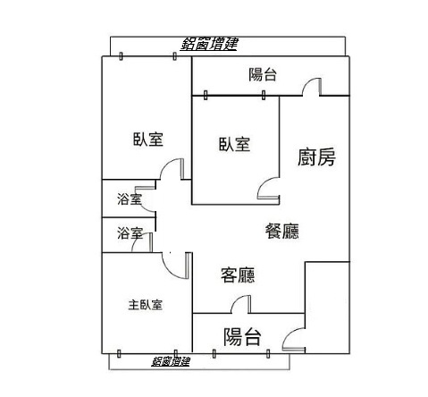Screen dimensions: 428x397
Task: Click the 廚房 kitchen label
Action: coord(316,156)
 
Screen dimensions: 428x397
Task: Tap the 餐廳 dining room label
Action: coord(281,231)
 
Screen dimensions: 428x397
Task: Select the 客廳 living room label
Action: coord(238,275)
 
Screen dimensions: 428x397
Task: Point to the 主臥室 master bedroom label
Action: coord(146,305)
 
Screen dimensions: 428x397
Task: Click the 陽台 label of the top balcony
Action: coord(263,74)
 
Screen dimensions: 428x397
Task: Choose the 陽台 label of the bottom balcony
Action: coord(242,337)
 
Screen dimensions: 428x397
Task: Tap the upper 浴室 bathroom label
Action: coord(130,198)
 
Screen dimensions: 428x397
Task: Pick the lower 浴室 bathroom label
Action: coord(130,233)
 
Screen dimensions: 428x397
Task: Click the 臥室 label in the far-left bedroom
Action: coord(148,139)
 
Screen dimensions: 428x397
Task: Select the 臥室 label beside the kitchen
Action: coord(234,144)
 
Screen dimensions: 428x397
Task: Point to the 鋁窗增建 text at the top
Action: coord(209,44)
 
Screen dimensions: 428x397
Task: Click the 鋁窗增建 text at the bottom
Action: coord(171,361)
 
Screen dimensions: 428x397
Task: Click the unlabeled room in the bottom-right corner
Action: coord(327,308)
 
